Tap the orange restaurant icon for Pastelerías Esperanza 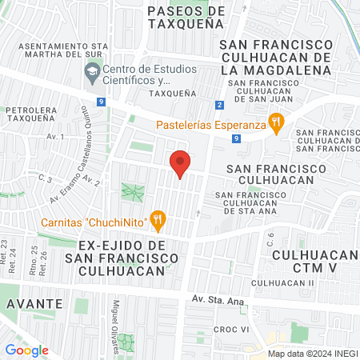[276, 123]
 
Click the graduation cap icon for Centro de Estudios [91, 74]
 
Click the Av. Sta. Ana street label [216, 299]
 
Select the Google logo [27, 350]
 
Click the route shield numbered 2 [220, 105]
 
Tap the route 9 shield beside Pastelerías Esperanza [236, 138]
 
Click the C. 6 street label [270, 238]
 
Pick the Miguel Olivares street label [117, 318]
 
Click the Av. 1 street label [55, 137]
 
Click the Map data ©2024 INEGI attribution [312, 353]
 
